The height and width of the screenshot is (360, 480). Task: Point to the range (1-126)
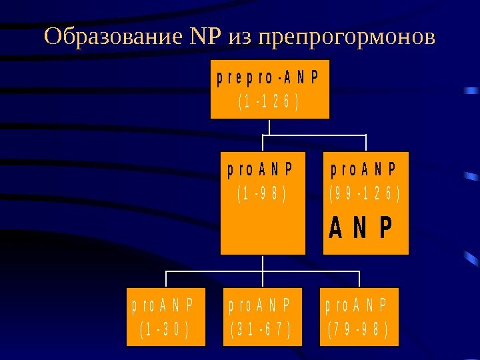click(x=269, y=103)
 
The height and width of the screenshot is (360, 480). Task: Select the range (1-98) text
click(x=262, y=195)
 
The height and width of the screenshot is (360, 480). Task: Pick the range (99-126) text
click(x=365, y=195)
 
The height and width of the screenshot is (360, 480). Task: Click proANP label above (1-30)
click(x=163, y=306)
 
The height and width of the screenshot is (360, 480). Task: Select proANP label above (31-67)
click(x=261, y=306)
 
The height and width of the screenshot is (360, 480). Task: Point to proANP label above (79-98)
click(x=358, y=306)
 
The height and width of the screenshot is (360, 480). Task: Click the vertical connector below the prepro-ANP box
click(x=269, y=127)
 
